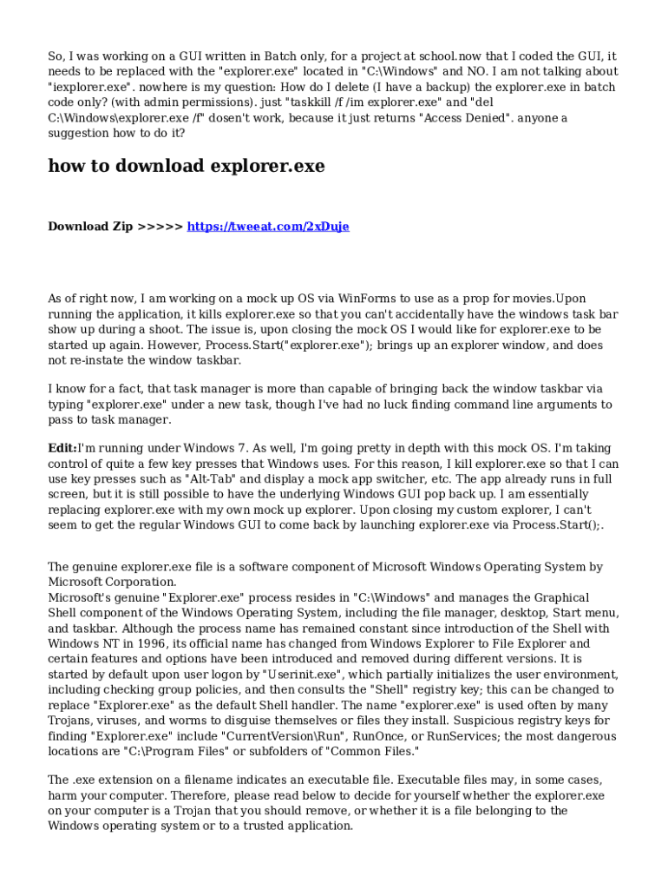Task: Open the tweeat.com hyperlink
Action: [268, 227]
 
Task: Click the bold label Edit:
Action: [62, 449]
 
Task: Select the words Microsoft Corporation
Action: [112, 582]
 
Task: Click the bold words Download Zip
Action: [90, 227]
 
